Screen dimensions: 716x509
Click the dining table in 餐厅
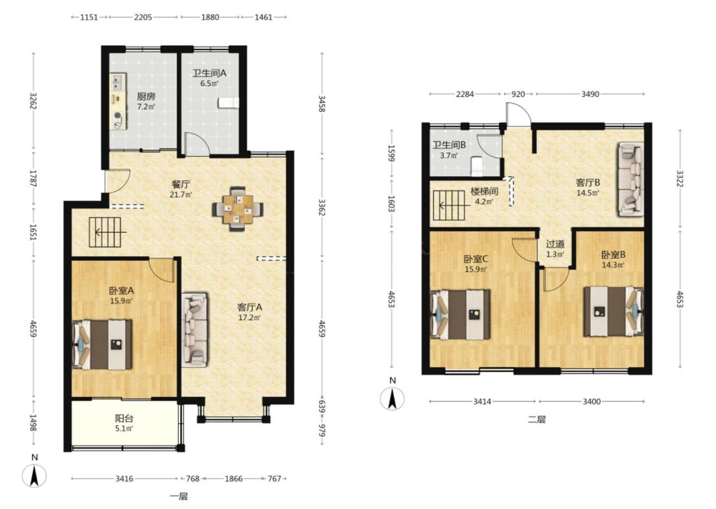point(237,209)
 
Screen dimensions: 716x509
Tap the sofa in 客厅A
point(195,330)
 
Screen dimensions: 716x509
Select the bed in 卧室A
point(102,344)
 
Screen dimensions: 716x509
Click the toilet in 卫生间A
point(228,102)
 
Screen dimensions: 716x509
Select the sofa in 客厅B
point(631,179)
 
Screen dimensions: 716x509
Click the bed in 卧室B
point(614,311)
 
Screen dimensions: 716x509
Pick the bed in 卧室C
point(461,314)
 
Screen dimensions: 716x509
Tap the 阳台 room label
point(123,418)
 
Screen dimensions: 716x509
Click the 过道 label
point(555,244)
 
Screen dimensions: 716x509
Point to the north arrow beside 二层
point(392,398)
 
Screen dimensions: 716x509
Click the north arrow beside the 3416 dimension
point(34,475)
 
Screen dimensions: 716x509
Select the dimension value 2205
point(143,17)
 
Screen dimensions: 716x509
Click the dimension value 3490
point(590,94)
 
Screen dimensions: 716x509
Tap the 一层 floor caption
point(179,496)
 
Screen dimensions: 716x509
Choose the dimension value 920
point(518,94)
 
